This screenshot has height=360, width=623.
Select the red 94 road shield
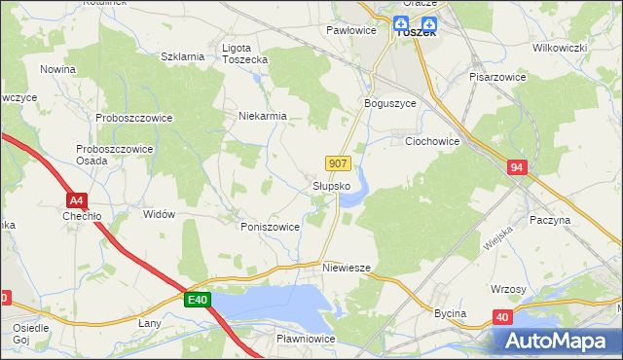coord(517,168)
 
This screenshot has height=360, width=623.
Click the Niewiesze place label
coord(346,266)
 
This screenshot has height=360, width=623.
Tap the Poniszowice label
coord(270,226)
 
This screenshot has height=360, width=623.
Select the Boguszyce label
coord(389,103)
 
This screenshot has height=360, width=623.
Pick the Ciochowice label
coord(432,140)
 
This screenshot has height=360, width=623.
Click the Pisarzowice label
coord(497,76)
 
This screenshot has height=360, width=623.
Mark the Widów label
coord(159,214)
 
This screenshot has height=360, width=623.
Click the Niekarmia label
coord(263,116)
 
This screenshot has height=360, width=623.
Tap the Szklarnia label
coord(182,56)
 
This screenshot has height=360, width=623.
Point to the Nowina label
coord(58,69)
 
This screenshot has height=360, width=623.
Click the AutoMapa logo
coord(556,341)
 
